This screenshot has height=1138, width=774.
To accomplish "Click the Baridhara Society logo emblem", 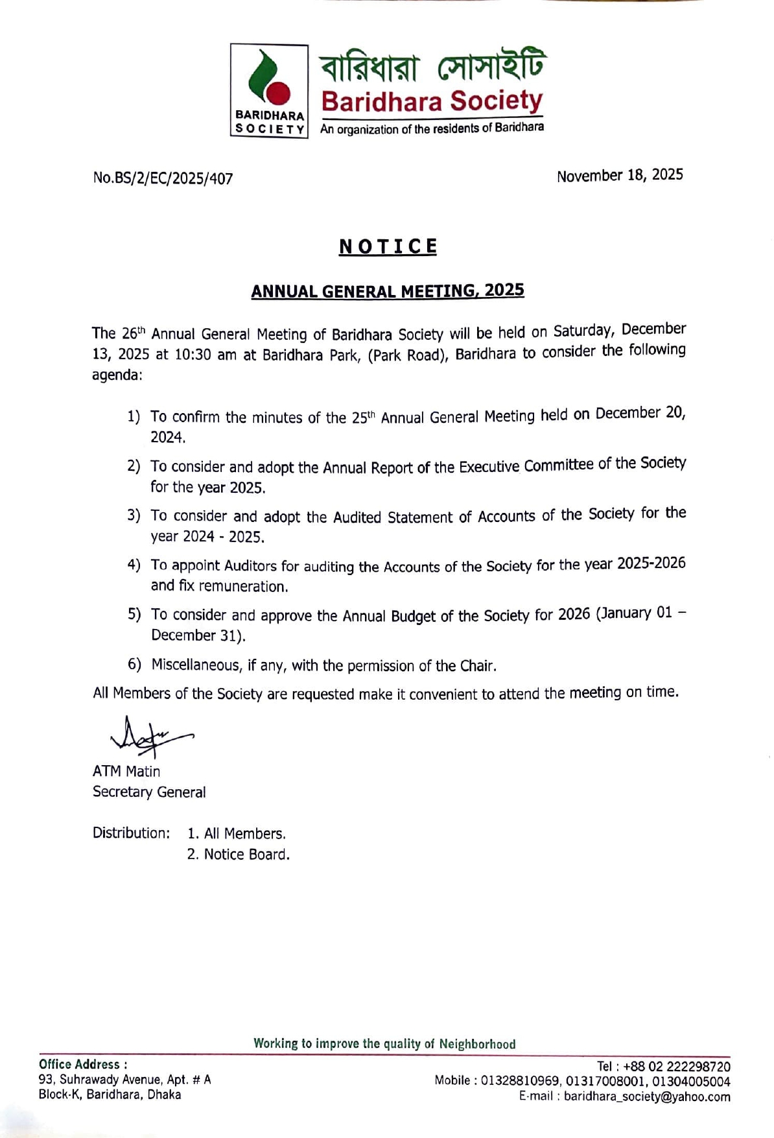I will click(269, 89).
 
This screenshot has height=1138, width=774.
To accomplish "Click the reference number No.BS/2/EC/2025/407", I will click(163, 178).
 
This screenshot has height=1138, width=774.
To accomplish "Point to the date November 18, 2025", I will click(619, 175).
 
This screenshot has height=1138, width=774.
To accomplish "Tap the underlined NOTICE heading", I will click(388, 246).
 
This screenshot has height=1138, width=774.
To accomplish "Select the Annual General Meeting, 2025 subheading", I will click(387, 290).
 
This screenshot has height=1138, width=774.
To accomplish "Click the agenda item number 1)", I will click(134, 416).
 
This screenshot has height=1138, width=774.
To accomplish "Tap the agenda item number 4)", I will click(134, 565).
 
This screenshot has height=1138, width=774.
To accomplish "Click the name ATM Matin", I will click(126, 771).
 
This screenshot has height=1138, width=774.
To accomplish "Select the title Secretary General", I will click(149, 792).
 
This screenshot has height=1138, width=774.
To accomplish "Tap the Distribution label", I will click(131, 833).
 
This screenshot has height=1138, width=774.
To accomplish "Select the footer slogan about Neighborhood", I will click(384, 1043).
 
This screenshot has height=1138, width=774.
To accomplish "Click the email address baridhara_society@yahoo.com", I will click(646, 1097).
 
